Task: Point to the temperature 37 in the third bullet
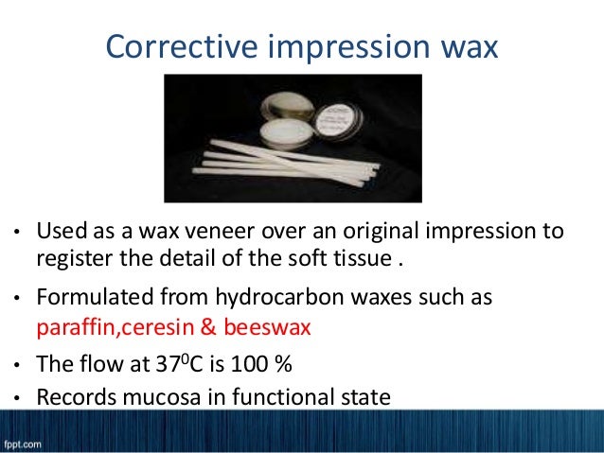(179, 363)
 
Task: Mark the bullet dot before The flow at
(15, 364)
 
